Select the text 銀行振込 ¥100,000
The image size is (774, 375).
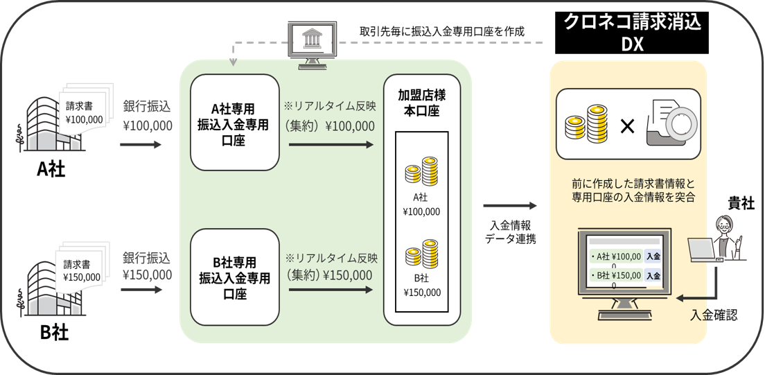[x=146, y=116]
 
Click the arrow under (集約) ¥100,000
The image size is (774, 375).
[x=331, y=145]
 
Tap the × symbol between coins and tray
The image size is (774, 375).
[x=626, y=126]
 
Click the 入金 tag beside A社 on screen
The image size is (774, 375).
[x=652, y=256]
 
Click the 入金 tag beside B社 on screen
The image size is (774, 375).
[x=652, y=276]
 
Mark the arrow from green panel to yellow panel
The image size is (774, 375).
[x=510, y=206]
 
